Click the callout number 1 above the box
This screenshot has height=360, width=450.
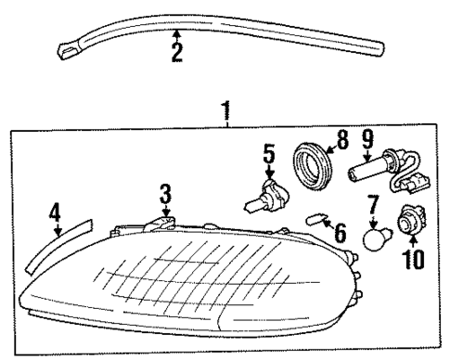coord(225,113)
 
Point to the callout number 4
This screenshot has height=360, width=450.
coord(56,213)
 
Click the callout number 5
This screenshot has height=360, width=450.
coord(270,154)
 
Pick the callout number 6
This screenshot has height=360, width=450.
coord(339,230)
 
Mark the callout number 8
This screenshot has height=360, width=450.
coord(341,142)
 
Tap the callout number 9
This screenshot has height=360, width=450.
coord(366,142)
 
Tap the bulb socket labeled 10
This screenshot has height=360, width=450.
coord(409,224)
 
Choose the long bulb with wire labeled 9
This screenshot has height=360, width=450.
coord(381,172)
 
